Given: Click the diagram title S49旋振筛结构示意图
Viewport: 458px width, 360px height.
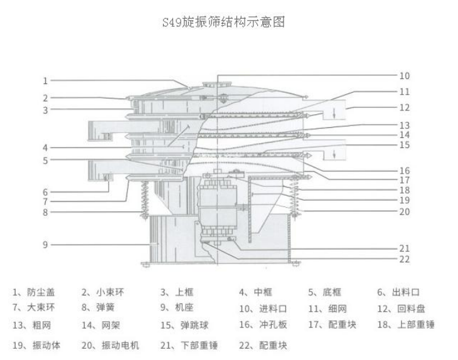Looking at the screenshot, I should click(228, 23).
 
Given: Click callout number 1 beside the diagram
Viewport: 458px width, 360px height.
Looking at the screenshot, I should click(45, 80).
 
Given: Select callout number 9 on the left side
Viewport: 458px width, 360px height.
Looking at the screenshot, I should click(45, 244).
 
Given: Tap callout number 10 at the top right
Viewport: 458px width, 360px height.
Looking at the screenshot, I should click(404, 76).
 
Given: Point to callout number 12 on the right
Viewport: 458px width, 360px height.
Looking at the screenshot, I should click(404, 107).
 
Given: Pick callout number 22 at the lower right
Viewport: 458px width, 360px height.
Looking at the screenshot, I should click(404, 258).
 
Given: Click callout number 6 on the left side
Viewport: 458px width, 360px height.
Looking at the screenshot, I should click(45, 192).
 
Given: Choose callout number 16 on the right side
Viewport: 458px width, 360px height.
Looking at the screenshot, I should click(404, 170).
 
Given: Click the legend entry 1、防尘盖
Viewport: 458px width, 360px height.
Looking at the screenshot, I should click(34, 292).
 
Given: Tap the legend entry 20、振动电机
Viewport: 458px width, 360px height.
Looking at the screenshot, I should click(110, 345).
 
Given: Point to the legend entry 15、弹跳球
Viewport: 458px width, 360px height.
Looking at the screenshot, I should click(184, 325).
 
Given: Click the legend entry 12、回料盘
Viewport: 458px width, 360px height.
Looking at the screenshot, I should click(401, 308).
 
